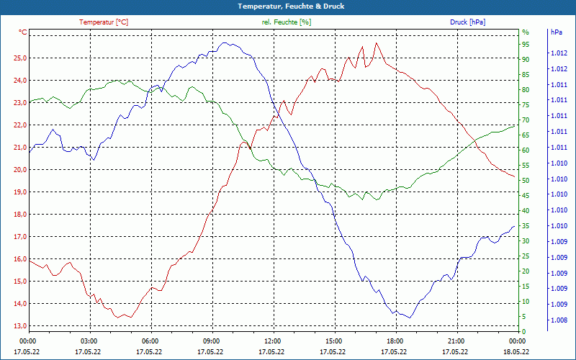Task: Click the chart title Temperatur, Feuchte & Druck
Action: point(288,6)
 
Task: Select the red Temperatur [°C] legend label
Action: point(104,22)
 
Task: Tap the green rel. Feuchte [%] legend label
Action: point(287,22)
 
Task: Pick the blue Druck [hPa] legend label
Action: point(467,22)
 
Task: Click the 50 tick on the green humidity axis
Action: point(526,181)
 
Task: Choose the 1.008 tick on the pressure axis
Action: point(558,320)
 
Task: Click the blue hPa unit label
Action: point(556,32)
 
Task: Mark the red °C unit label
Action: point(23,32)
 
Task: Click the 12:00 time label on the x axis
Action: point(273,341)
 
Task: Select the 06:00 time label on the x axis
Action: point(150,341)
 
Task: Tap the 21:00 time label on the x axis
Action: point(456,341)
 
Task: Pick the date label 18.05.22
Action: point(517,352)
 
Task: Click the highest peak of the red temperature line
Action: point(376,43)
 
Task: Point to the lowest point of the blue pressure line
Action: point(410,318)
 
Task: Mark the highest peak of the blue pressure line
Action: point(225,42)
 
